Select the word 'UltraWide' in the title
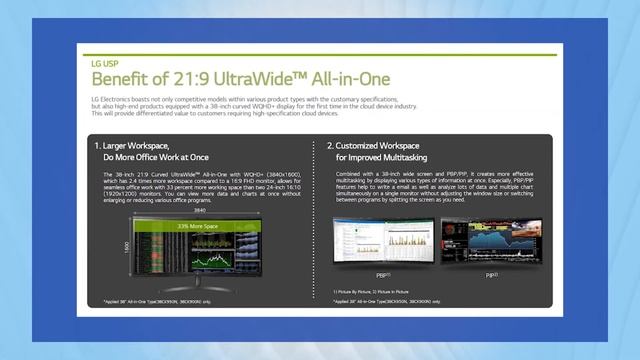246,78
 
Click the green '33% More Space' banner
198,227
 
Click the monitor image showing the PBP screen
383,240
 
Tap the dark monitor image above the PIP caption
490,240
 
